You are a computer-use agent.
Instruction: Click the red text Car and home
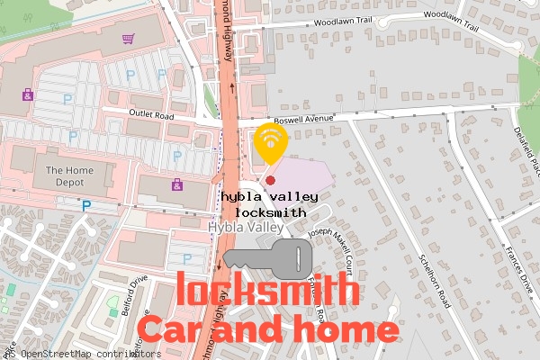(268, 329)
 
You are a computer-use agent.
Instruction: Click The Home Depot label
(69, 175)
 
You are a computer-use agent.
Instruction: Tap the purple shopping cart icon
(128, 39)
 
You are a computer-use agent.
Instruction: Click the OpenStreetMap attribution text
(81, 354)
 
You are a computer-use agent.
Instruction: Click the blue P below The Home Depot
(86, 205)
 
